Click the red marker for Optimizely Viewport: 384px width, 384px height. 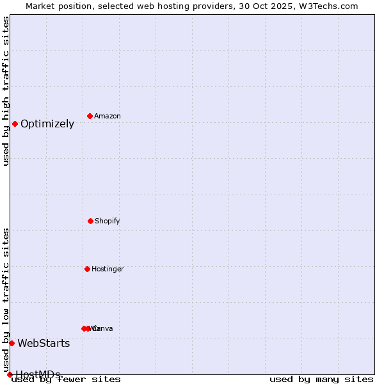point(15,124)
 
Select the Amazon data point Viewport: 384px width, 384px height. point(90,116)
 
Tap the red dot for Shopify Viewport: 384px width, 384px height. point(90,221)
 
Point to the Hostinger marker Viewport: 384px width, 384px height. point(87,269)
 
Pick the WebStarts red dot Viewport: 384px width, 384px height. point(12,343)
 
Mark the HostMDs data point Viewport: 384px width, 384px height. point(10,374)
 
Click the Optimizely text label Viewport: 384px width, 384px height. point(47,124)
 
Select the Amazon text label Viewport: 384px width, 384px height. point(108,116)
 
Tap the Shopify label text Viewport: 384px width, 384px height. point(108,221)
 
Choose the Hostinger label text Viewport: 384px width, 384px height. point(108,269)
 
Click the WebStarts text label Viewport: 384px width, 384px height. point(44,344)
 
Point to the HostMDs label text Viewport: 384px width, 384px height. point(38,374)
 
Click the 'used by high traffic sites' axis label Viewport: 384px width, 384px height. point(6,91)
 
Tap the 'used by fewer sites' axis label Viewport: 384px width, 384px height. point(66,380)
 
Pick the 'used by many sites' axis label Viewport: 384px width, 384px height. point(321,380)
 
